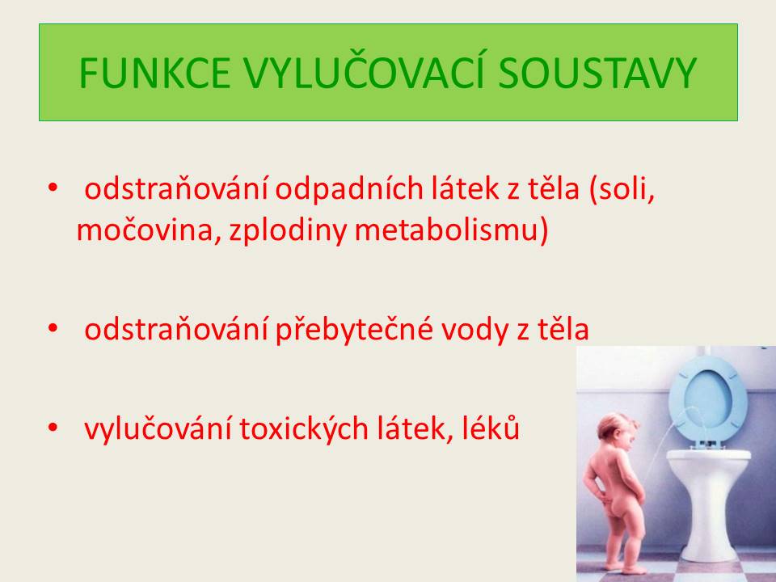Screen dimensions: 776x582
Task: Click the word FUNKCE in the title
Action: point(155,74)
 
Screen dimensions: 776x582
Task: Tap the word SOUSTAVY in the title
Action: point(597,74)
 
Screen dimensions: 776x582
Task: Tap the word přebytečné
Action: point(354,329)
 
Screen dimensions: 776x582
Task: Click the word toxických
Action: point(304,428)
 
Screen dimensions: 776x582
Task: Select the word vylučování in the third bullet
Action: point(158,428)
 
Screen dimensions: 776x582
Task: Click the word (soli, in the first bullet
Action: point(622,189)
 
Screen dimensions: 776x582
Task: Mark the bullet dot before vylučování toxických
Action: point(53,427)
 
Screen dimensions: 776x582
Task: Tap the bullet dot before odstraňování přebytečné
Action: point(53,328)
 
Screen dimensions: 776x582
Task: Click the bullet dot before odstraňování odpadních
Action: point(53,188)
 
